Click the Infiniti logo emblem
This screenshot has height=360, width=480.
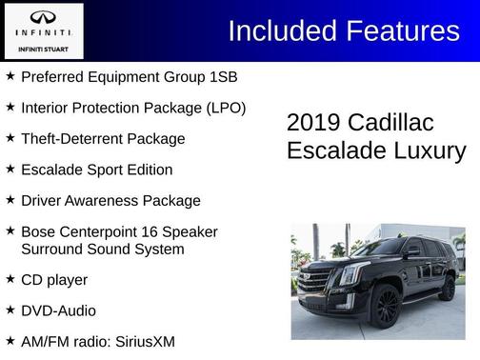pos(43,17)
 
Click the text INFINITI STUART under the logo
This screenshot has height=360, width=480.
pos(43,49)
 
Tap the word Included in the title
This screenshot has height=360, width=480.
pos(283,31)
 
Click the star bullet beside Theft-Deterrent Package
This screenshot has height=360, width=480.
pos(10,138)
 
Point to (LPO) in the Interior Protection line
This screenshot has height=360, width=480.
pos(226,108)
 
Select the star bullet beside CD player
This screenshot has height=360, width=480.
pos(10,279)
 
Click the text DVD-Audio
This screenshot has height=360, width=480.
pos(58,310)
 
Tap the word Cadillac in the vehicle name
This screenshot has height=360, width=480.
pos(390,123)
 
